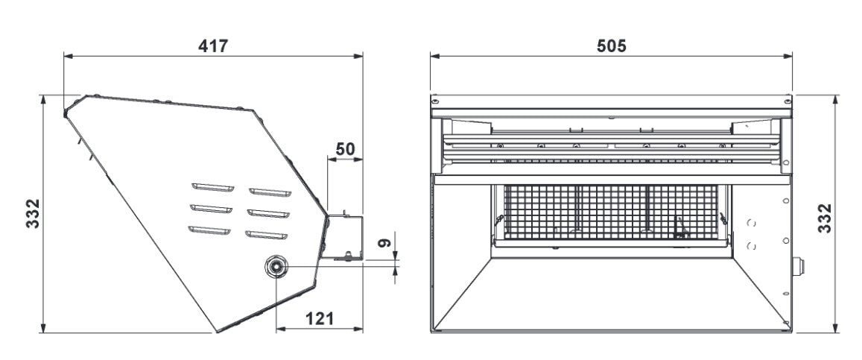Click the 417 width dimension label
click(x=212, y=45)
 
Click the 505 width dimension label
click(x=612, y=45)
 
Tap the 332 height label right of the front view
click(x=825, y=218)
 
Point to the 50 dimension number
click(x=344, y=148)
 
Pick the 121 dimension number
click(x=319, y=318)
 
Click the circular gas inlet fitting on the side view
click(x=276, y=266)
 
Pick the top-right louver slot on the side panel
click(x=268, y=192)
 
